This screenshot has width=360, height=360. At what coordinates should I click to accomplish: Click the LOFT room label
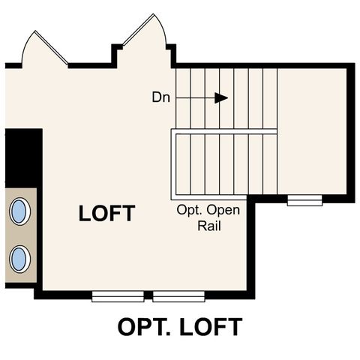point(106,214)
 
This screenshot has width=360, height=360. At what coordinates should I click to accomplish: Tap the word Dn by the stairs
point(160,97)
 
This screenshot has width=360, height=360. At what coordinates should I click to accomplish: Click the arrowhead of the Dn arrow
point(220,97)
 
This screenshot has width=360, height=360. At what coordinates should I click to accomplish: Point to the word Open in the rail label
point(223,210)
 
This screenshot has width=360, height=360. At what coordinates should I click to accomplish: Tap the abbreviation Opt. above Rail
point(190,210)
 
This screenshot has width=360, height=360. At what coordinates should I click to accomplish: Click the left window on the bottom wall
point(118,295)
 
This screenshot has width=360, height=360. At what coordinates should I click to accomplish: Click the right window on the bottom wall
point(178,295)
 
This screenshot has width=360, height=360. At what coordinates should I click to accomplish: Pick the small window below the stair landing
point(304,200)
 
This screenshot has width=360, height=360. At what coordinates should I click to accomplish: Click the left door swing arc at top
point(43,47)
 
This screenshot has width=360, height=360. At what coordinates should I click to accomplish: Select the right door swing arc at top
point(146,34)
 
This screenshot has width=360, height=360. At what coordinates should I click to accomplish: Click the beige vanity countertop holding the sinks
point(19,234)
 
